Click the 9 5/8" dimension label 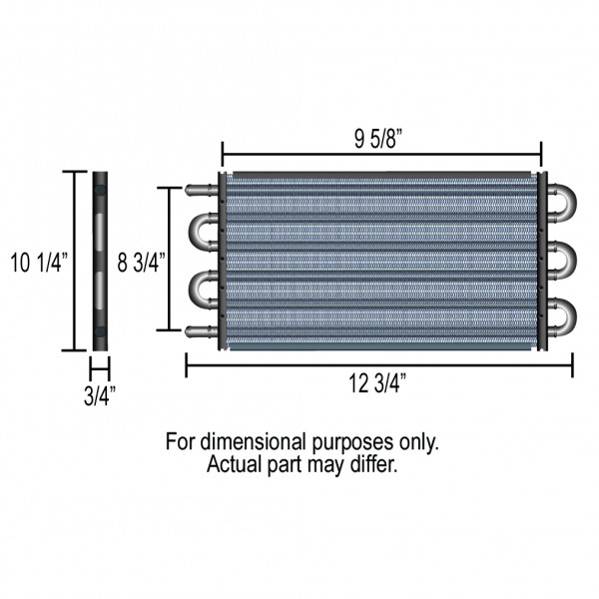(x=378, y=139)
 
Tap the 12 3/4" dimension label (x=377, y=383)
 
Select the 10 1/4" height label (x=39, y=263)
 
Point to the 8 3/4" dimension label (x=141, y=263)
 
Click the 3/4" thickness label (x=100, y=395)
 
